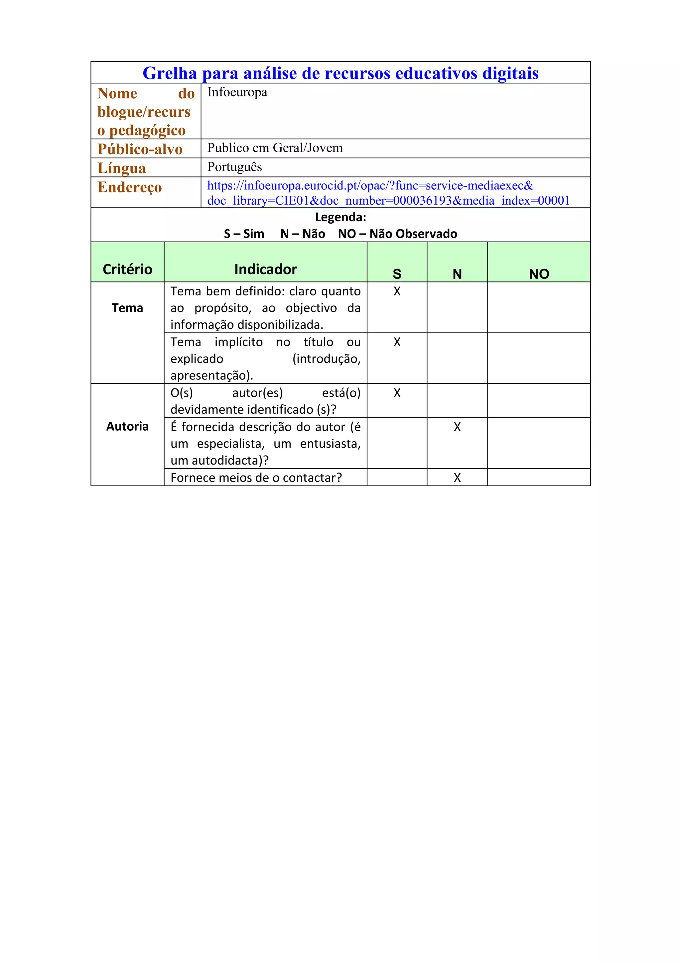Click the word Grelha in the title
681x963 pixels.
170,73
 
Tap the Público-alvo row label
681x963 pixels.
140,149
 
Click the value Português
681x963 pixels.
234,167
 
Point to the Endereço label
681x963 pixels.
130,187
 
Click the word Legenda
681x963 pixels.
340,217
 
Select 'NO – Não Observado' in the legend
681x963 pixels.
397,234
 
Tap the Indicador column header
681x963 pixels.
265,269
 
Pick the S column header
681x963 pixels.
396,274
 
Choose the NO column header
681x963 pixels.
539,274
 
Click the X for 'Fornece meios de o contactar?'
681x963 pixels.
457,478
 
